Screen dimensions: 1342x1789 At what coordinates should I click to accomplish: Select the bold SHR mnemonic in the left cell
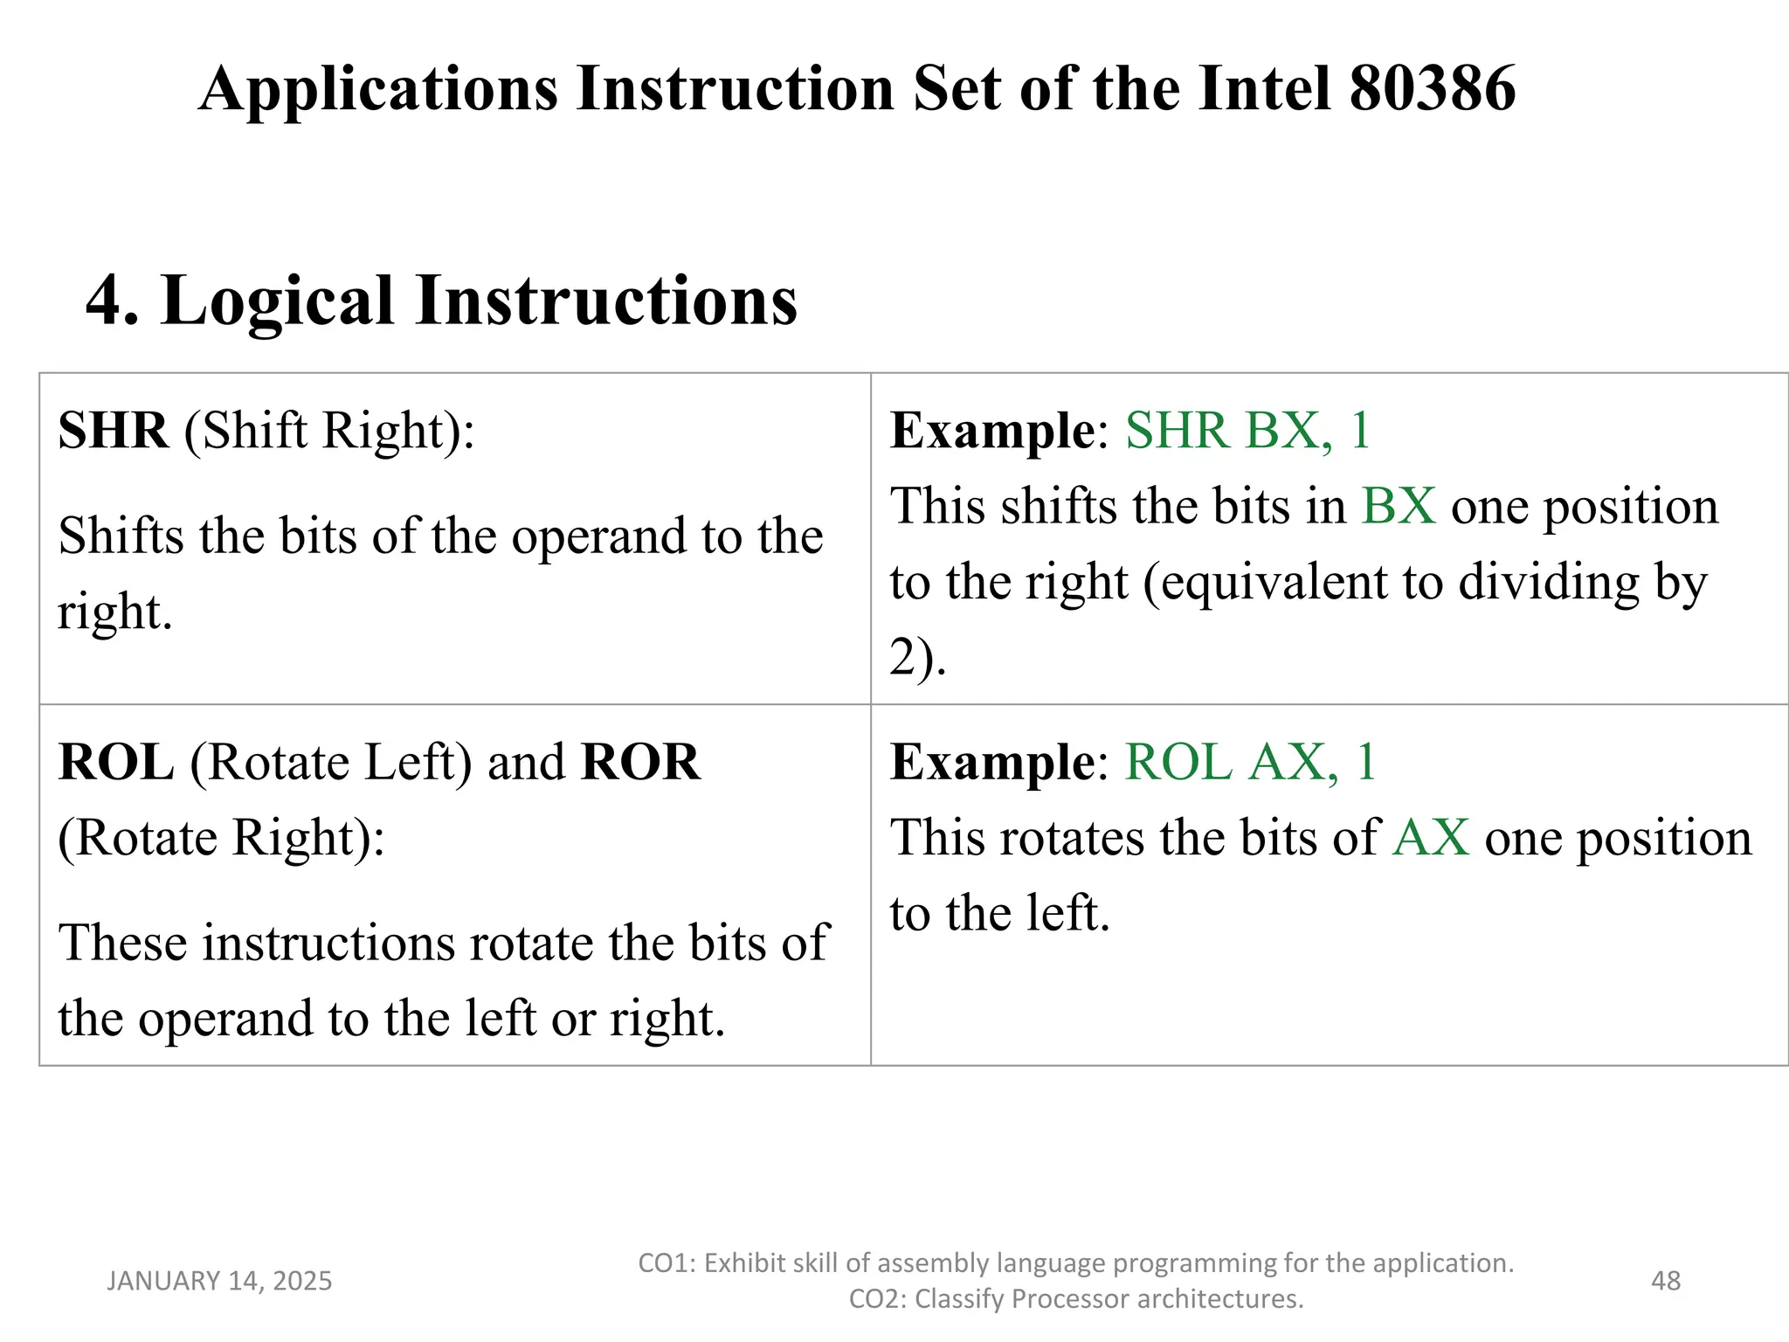[x=113, y=431]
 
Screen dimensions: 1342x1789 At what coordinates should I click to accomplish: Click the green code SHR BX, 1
[x=1247, y=431]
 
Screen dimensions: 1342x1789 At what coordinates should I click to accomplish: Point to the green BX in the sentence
[x=1398, y=507]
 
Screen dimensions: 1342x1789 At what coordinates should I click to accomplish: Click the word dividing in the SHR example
[x=1549, y=583]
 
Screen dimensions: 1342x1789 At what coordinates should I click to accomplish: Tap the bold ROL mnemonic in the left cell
[x=116, y=763]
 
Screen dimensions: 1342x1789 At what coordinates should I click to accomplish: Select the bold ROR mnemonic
[x=640, y=763]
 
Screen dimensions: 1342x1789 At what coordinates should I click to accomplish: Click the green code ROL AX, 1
[x=1250, y=763]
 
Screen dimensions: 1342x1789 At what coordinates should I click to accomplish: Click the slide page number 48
[x=1666, y=1281]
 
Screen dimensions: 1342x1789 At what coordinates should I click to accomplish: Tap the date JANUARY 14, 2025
[x=219, y=1281]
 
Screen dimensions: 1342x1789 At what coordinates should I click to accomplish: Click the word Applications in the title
[x=378, y=89]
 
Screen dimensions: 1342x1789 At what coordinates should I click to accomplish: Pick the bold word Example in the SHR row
[x=992, y=431]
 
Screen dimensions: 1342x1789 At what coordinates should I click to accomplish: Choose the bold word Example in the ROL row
[x=992, y=763]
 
